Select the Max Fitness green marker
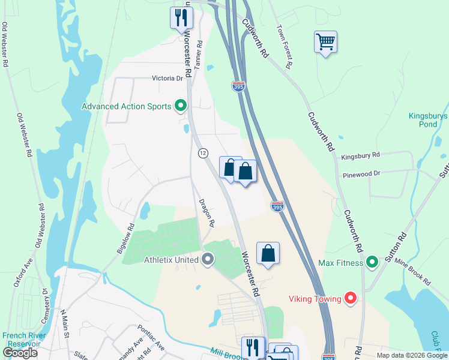pyautogui.click(x=372, y=262)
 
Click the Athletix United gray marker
pyautogui.click(x=208, y=260)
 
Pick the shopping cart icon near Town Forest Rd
pyautogui.click(x=325, y=43)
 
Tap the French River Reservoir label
pyautogui.click(x=20, y=340)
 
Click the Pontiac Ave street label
pyautogui.click(x=150, y=338)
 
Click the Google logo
pyautogui.click(x=20, y=353)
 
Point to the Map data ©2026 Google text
pyautogui.click(x=411, y=355)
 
